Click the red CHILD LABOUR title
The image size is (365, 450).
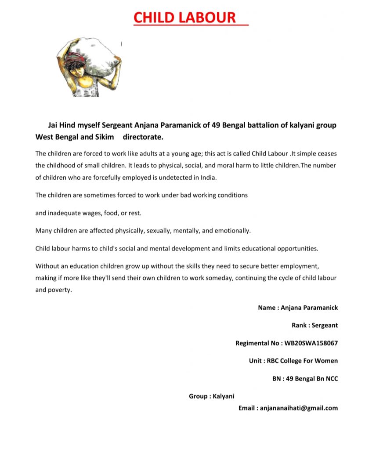[184, 18]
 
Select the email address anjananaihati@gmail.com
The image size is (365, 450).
[299, 408]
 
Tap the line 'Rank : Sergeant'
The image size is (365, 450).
[314, 326]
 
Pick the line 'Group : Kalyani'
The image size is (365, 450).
[211, 396]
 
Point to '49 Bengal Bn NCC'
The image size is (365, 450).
[312, 378]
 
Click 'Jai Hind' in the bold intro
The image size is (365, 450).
[59, 125]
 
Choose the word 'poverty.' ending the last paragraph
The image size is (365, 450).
[60, 290]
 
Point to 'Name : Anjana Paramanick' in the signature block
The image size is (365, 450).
[298, 308]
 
